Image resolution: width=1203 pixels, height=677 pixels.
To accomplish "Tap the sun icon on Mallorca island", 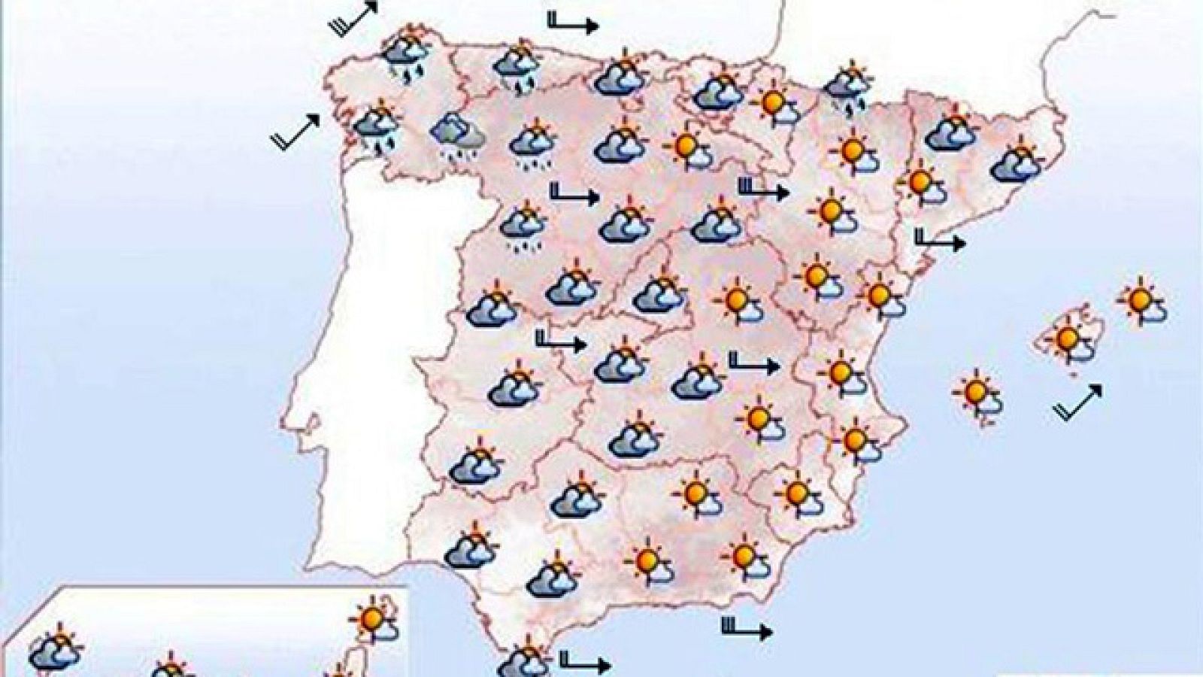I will point(1068,340).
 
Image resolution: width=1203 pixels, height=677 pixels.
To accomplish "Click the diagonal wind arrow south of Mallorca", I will point(1079,402).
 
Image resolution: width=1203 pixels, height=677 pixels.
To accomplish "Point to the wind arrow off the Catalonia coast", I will point(938,241).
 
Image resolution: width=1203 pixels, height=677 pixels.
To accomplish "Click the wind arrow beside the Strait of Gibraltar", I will point(583,663).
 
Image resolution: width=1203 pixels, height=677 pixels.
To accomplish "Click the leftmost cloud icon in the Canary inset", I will point(55,651).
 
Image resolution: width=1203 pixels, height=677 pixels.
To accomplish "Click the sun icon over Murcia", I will point(797,493).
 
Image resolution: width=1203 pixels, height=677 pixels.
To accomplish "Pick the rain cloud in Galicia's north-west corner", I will point(406,53).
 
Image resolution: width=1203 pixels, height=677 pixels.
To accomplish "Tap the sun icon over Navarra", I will point(772,105).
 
